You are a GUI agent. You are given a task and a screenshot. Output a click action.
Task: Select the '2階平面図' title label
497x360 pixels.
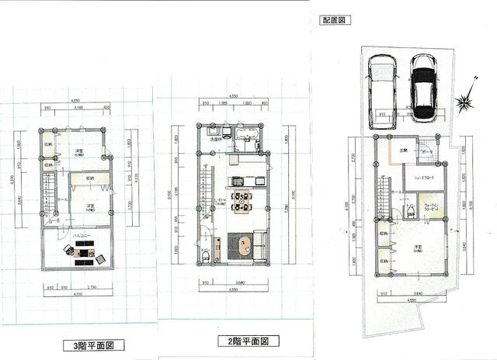pyautogui.click(x=248, y=341)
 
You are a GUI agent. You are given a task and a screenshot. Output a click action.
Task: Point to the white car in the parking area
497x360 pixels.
pyautogui.click(x=381, y=87)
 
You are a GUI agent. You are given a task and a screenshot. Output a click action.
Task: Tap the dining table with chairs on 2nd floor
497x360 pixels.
pyautogui.click(x=241, y=201)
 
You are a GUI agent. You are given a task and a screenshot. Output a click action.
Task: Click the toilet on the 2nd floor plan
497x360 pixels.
pyautogui.click(x=204, y=254)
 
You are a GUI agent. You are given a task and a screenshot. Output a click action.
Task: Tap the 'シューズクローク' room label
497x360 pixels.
pyautogui.click(x=422, y=178)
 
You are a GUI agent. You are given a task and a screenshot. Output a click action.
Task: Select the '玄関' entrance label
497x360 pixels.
pyautogui.click(x=392, y=151)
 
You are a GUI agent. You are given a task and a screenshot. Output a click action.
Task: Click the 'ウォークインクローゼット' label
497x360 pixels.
pyautogui.click(x=431, y=208)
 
